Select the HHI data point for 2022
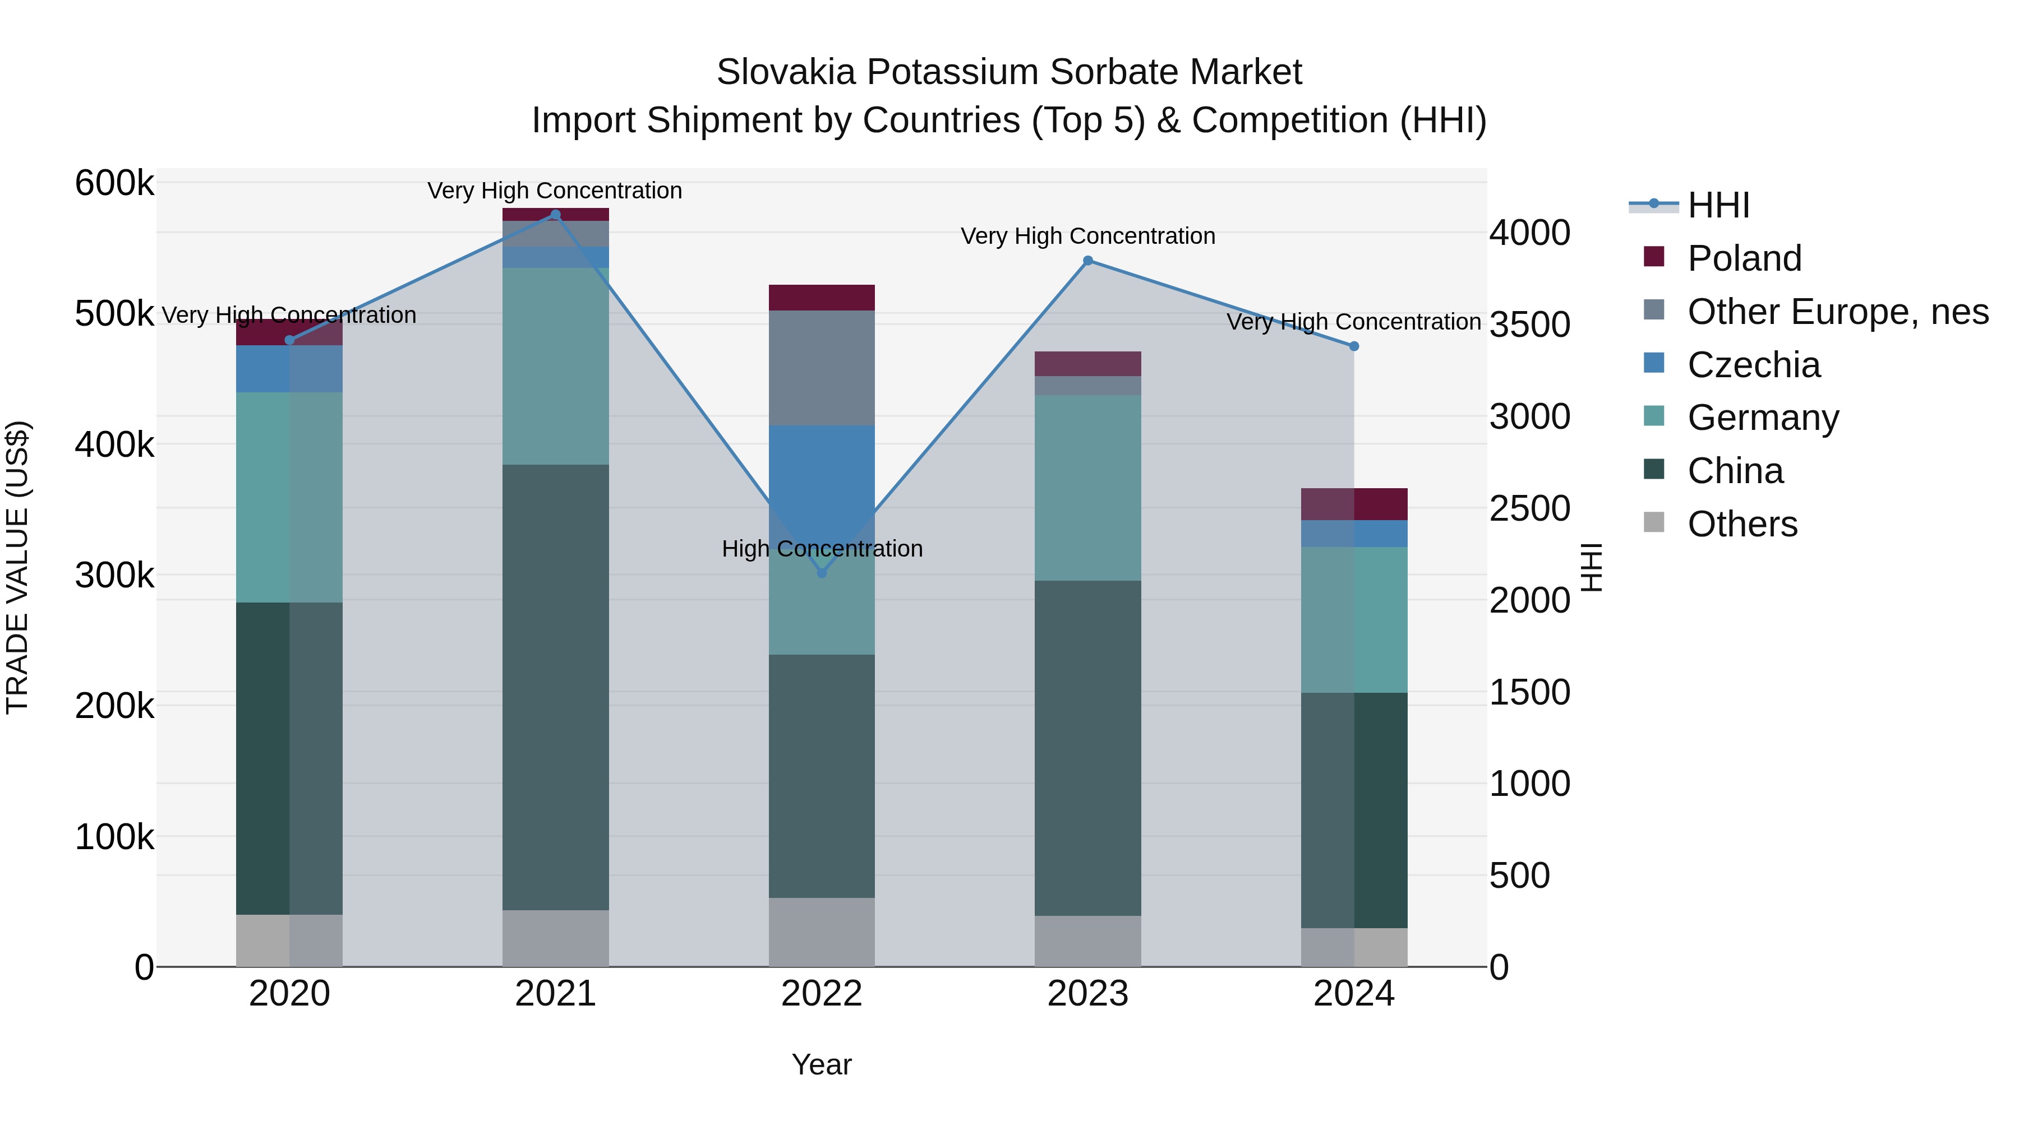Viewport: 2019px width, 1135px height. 822,573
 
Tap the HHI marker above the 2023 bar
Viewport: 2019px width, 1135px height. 1088,261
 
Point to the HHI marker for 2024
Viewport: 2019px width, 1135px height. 1354,346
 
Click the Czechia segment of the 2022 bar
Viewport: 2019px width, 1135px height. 822,470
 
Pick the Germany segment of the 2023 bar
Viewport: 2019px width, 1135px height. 1088,487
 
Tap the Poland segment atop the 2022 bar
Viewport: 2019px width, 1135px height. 822,298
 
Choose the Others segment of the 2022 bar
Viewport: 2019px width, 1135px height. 822,932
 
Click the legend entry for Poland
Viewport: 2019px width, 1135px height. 1744,258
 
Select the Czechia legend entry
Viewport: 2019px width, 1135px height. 1753,365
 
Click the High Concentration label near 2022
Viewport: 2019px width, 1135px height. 822,548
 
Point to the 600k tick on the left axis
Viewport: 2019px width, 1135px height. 114,183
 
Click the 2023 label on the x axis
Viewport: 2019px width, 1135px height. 1088,994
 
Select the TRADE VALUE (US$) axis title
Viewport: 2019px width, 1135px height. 17,567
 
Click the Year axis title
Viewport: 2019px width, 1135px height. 822,1064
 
